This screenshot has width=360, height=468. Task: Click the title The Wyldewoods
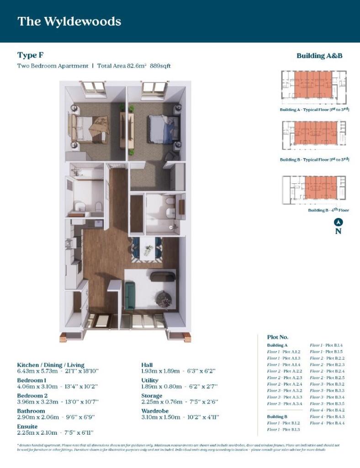coord(69,21)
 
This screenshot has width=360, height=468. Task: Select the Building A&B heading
coord(319,56)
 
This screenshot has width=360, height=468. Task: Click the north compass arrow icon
coord(338,222)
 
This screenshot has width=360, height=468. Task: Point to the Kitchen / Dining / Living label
coord(51,365)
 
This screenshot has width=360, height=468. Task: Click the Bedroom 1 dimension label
coord(32,380)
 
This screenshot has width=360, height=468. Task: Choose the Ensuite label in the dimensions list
coord(28,426)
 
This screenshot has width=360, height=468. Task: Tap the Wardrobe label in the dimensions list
coord(156,411)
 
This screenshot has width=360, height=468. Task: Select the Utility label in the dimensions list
coord(150,380)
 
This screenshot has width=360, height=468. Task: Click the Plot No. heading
coord(278,337)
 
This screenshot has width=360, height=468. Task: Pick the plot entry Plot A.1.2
coord(284,352)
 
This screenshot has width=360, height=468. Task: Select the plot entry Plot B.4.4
coord(327,423)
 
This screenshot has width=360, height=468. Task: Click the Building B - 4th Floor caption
coord(328,210)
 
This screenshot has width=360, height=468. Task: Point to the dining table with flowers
coord(148,250)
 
